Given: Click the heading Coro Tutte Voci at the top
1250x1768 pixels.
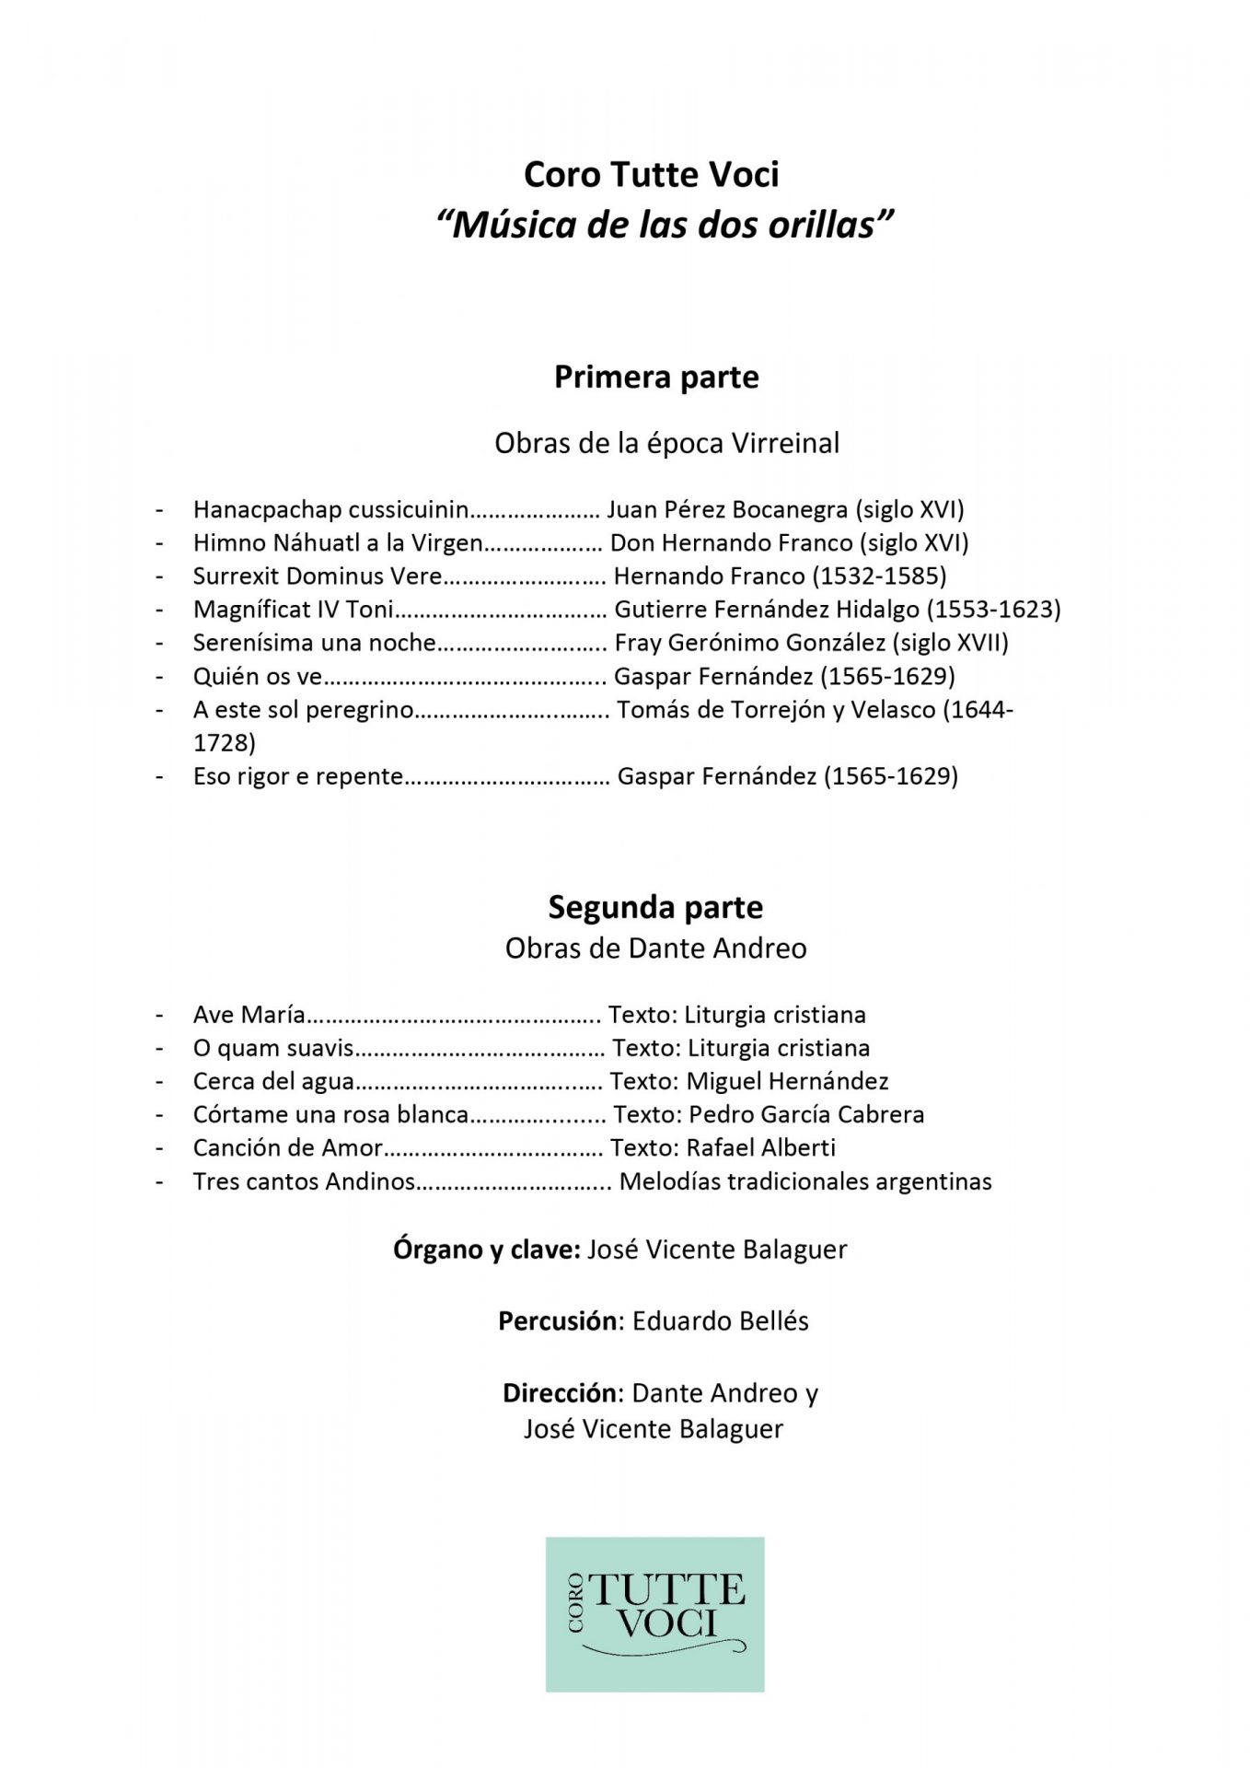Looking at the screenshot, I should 651,174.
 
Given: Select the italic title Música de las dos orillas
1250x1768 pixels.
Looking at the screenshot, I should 665,225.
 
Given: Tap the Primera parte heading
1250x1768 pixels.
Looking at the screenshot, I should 655,377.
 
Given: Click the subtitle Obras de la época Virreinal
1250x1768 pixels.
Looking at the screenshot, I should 666,443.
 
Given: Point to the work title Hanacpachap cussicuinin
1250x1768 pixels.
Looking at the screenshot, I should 330,509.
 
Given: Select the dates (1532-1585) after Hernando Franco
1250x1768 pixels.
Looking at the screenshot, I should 879,576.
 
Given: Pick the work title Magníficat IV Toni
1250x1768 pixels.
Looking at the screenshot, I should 293,610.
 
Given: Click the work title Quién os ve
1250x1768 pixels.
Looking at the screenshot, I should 257,677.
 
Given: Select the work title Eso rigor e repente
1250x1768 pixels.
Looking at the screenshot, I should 297,776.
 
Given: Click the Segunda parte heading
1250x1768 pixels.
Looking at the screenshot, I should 655,907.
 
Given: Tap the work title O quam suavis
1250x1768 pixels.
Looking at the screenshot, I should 273,1048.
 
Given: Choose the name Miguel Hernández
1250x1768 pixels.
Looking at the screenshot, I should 787,1081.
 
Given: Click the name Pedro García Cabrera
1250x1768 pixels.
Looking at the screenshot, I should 805,1114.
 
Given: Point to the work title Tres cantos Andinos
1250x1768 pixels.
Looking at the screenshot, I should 304,1181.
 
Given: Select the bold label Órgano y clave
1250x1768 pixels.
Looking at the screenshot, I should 486,1250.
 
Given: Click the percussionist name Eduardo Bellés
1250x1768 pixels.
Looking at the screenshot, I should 720,1321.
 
